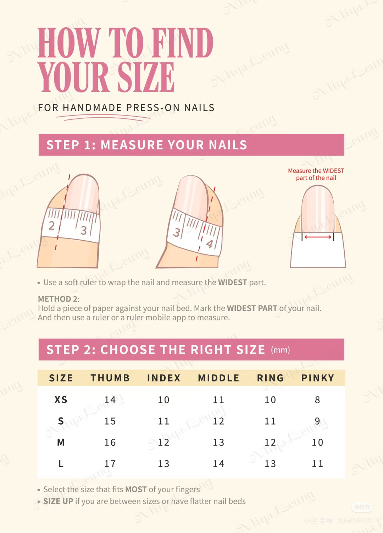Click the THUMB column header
pyautogui.click(x=110, y=378)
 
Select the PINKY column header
pyautogui.click(x=317, y=378)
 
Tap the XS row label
pyautogui.click(x=61, y=400)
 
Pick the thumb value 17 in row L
pyautogui.click(x=110, y=464)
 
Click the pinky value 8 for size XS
pyautogui.click(x=317, y=400)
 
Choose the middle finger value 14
pyautogui.click(x=218, y=464)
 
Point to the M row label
pyautogui.click(x=61, y=442)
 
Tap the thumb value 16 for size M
pyautogui.click(x=110, y=442)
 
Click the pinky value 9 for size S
pyautogui.click(x=317, y=421)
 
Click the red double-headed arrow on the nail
pyautogui.click(x=318, y=237)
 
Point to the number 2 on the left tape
pyautogui.click(x=52, y=225)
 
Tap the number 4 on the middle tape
pyautogui.click(x=210, y=244)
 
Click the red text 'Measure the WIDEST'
pyautogui.click(x=316, y=171)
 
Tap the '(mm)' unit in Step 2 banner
pyautogui.click(x=281, y=350)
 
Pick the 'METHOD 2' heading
pyautogui.click(x=58, y=299)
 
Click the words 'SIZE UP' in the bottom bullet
pyautogui.click(x=58, y=501)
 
